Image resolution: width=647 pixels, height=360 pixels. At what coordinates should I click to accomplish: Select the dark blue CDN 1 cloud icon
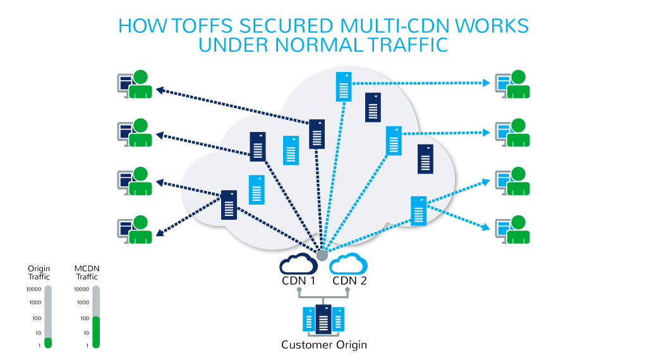tap(298, 263)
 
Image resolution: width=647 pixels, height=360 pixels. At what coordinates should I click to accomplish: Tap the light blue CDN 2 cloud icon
tap(348, 263)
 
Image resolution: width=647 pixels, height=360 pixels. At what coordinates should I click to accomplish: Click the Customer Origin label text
tap(323, 345)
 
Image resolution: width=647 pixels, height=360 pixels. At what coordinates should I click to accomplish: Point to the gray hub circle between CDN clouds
tap(322, 255)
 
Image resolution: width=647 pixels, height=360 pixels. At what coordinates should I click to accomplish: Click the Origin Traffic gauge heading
tap(39, 273)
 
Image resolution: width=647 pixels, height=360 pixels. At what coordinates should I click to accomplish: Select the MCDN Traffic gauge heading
tap(87, 273)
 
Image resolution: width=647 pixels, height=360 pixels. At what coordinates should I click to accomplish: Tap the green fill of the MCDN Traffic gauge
tap(96, 332)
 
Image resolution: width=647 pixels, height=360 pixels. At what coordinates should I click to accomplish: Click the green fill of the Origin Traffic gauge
tap(48, 343)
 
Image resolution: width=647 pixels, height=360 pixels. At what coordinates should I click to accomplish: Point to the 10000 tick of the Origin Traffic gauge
tap(32, 289)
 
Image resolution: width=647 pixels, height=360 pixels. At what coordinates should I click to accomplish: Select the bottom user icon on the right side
tap(512, 230)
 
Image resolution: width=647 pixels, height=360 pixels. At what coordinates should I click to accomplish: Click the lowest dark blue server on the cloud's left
tap(229, 205)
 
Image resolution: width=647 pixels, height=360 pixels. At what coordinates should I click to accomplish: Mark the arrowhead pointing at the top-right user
tap(487, 83)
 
